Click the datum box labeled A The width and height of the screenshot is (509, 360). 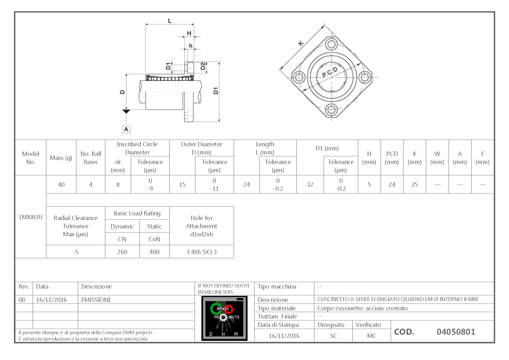coord(126,129)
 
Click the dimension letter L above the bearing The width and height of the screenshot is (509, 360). coord(170,21)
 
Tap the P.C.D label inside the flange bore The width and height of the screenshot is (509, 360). coord(330,73)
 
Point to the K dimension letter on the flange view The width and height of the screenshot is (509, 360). coord(301,44)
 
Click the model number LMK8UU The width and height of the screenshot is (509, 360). coord(31,217)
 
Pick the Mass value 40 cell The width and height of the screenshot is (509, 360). coord(61,185)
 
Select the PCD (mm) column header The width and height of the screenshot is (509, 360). coord(392,158)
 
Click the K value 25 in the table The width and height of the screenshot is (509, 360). coord(414,185)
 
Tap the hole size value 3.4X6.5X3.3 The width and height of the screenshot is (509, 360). coord(201,252)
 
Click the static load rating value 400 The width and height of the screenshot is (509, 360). coord(154,252)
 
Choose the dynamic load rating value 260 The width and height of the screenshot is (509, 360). coord(122,252)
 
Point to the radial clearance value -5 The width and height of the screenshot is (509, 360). coord(75,252)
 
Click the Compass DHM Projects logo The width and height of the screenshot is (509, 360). coord(224,318)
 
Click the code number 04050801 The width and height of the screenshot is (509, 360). coord(456,332)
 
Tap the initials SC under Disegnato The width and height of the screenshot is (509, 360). coord(333,336)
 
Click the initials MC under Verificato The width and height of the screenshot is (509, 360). coord(371,336)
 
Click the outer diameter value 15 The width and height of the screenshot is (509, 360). coord(182,185)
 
